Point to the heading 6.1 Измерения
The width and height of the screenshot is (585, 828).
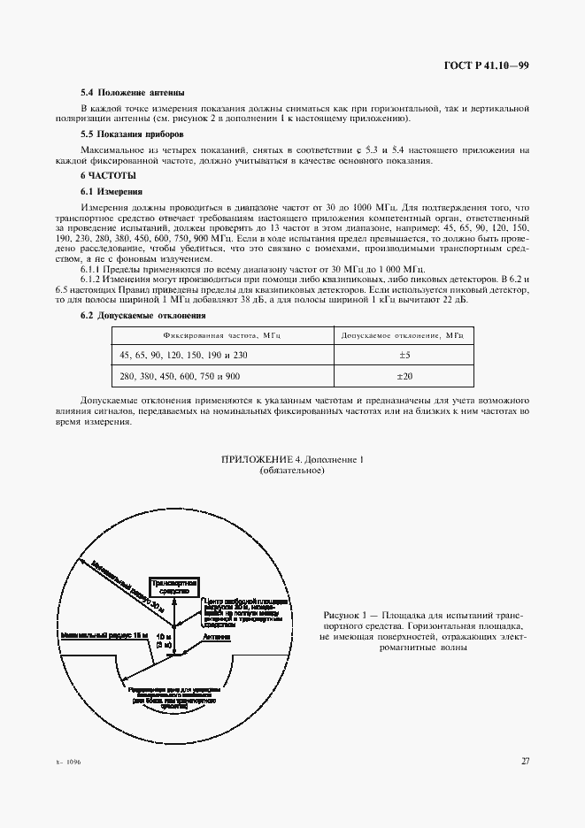click(x=105, y=192)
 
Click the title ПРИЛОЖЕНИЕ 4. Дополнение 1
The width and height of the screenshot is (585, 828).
click(x=291, y=460)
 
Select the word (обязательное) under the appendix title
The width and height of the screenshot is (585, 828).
click(x=292, y=471)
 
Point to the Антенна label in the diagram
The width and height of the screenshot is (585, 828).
click(x=217, y=636)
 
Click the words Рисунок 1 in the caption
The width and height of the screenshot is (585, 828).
click(x=343, y=613)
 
